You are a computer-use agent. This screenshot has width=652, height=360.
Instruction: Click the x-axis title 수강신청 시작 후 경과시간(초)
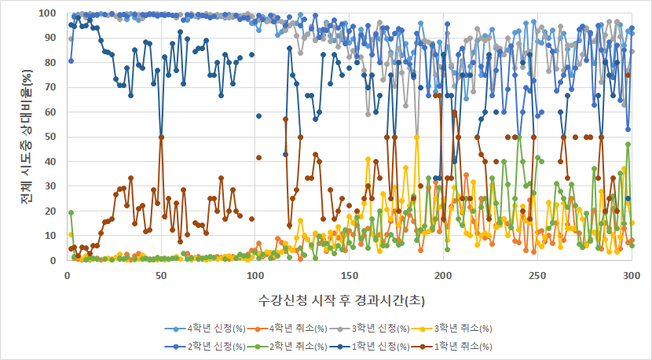pyautogui.click(x=348, y=300)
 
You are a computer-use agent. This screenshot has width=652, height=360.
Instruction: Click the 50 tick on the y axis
pyautogui.click(x=52, y=137)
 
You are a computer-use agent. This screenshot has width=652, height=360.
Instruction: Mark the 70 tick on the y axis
pyautogui.click(x=52, y=87)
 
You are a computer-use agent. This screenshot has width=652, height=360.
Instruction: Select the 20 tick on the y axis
pyautogui.click(x=52, y=211)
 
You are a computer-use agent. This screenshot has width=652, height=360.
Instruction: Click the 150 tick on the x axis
pyautogui.click(x=349, y=276)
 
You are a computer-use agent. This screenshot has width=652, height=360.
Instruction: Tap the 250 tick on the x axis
pyautogui.click(x=537, y=276)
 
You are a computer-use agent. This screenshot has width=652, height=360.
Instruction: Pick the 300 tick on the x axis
pyautogui.click(x=631, y=276)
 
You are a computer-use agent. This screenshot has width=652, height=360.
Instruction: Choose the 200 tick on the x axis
pyautogui.click(x=443, y=276)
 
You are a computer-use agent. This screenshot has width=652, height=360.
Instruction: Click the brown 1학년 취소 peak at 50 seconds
pyautogui.click(x=161, y=137)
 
